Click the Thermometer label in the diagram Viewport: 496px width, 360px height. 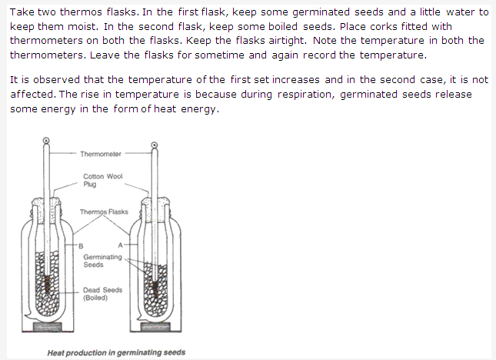click(101, 154)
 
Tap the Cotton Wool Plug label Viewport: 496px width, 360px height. click(103, 180)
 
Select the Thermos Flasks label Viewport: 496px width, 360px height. click(104, 212)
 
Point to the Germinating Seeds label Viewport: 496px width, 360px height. click(102, 261)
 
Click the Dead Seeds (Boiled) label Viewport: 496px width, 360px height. click(102, 294)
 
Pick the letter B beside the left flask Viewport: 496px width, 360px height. click(81, 246)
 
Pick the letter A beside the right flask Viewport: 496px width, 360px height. click(120, 245)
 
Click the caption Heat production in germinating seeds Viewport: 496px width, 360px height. click(116, 352)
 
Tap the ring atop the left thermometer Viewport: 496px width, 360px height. click(46, 140)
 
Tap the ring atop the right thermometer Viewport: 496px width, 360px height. click(155, 145)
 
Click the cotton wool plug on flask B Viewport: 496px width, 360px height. click(46, 202)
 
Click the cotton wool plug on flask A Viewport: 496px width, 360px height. click(155, 202)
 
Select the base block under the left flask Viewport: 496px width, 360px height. click(48, 326)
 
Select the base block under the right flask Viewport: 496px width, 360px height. click(155, 326)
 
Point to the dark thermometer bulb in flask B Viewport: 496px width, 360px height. click(47, 284)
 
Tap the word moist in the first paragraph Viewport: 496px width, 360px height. click(84, 26)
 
